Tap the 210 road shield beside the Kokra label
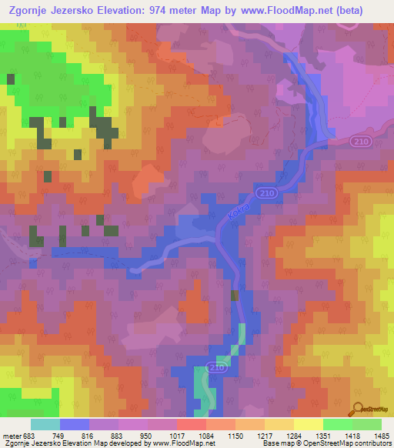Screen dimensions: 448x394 point(265,192)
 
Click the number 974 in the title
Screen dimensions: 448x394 point(164,9)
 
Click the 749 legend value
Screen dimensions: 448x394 point(75,436)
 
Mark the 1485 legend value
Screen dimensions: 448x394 point(382,436)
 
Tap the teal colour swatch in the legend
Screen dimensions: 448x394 point(45,424)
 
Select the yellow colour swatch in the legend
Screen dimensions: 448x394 point(308,424)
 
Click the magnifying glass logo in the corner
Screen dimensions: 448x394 point(359,410)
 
